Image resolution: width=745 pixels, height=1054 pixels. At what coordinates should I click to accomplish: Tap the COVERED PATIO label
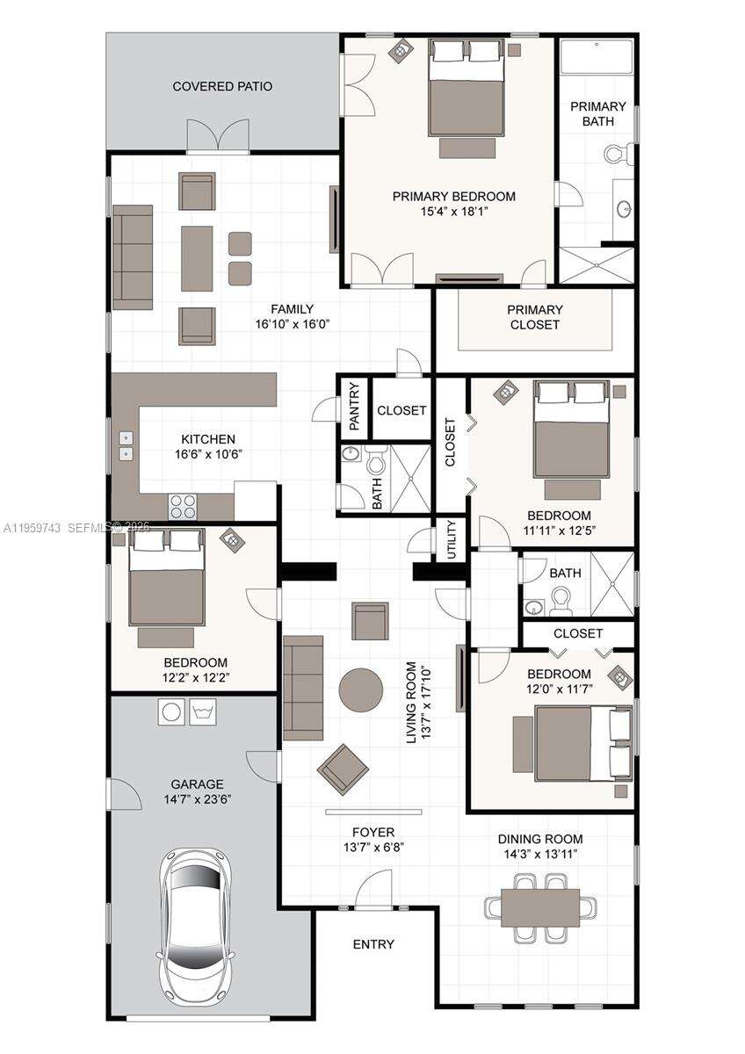tap(222, 86)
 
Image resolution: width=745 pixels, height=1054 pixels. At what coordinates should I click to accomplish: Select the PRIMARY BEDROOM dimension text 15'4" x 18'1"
tap(453, 211)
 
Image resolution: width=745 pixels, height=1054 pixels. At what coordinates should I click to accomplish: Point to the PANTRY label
tap(354, 406)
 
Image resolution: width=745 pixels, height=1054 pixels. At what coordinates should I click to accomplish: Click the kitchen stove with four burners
tap(183, 506)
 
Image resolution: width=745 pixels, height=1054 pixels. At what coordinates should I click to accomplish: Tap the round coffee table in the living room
tap(361, 689)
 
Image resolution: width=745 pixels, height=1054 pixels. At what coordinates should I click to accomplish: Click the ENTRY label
tap(373, 944)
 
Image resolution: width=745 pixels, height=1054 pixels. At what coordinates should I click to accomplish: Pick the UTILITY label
tap(452, 538)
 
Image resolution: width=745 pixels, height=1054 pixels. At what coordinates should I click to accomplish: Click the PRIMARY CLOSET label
tap(534, 317)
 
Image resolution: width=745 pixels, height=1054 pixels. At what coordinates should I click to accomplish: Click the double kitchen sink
tap(126, 445)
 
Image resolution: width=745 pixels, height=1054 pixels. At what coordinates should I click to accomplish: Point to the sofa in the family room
tap(133, 257)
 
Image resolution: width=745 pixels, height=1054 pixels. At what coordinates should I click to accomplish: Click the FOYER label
tap(373, 832)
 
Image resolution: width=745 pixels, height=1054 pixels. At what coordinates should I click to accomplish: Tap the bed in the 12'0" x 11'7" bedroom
tap(571, 743)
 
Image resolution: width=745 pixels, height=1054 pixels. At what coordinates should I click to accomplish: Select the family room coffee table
tap(197, 258)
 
